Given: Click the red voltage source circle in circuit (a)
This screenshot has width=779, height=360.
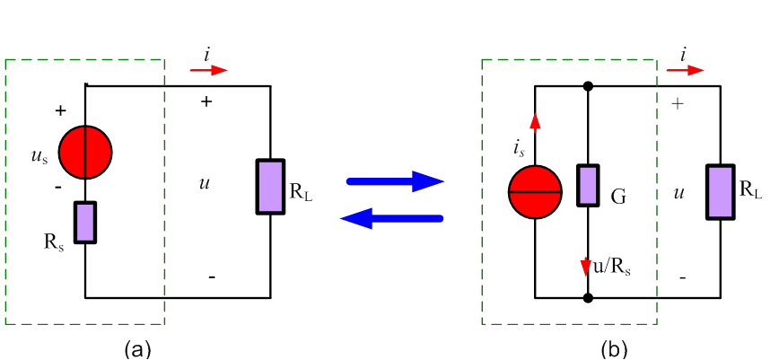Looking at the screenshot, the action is [85, 152].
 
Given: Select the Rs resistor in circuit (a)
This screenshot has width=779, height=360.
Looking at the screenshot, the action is [85, 223].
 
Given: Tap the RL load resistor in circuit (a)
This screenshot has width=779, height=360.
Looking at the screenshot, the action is [270, 187].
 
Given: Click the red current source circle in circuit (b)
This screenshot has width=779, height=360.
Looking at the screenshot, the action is [535, 191].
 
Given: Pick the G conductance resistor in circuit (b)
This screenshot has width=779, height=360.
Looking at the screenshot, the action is [588, 185].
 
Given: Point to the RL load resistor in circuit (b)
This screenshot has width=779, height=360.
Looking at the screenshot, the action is [721, 192].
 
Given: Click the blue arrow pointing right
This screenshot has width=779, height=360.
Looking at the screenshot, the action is [395, 181].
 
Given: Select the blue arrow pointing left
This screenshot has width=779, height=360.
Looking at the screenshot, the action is [391, 218].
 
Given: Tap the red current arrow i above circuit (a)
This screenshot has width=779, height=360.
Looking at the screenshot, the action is [208, 71].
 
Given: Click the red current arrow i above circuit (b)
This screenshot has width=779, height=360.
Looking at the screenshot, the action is [685, 71].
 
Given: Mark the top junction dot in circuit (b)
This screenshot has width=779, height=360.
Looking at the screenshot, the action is [588, 86].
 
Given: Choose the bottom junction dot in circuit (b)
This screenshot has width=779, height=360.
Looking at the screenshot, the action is [588, 298].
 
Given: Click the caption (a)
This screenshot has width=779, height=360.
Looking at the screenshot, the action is [137, 349].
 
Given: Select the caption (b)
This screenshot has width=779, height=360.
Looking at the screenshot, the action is [615, 349].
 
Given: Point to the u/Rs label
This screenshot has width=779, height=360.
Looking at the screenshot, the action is [612, 268].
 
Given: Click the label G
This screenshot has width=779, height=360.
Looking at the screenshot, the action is [618, 198].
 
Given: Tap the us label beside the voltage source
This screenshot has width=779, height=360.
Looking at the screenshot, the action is [39, 157].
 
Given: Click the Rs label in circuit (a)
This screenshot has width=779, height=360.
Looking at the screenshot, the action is [54, 242].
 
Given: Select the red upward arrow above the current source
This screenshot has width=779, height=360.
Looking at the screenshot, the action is [535, 121].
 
